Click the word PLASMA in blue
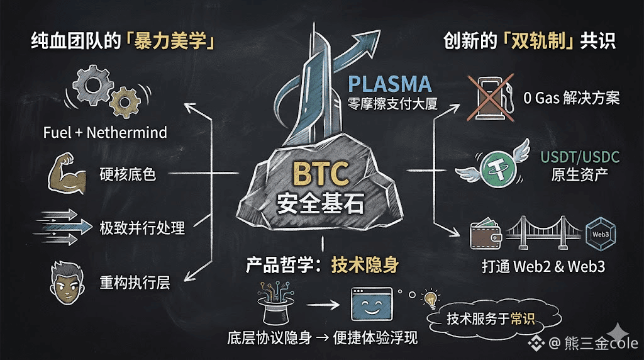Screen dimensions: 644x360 pos(390,84)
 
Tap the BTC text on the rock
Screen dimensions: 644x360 pos(321,174)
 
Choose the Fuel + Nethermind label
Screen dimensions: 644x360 pos(105,133)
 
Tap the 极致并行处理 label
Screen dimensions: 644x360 pos(142,227)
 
